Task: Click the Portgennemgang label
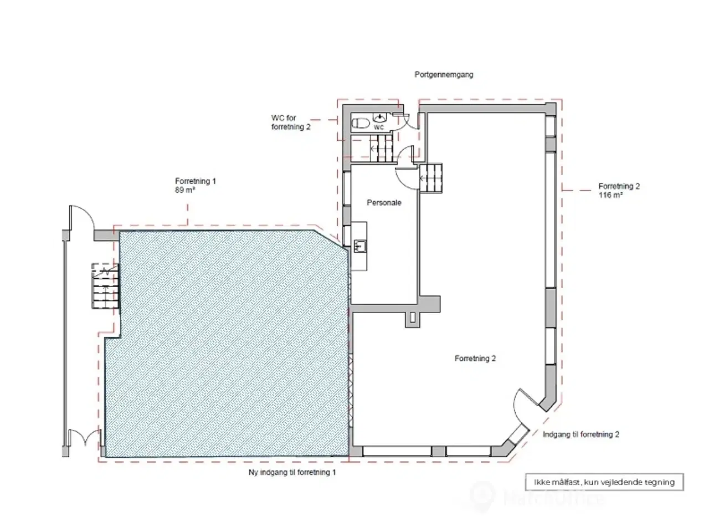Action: click(x=444, y=75)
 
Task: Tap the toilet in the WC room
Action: click(x=361, y=123)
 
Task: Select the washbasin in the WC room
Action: click(x=380, y=117)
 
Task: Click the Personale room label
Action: click(x=384, y=202)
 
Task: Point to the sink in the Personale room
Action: click(x=359, y=247)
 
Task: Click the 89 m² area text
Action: click(x=185, y=190)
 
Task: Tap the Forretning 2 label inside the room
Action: click(x=475, y=358)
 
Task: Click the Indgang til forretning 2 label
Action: click(x=580, y=434)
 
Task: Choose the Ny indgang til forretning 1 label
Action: click(x=292, y=472)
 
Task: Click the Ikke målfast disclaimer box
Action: click(x=604, y=482)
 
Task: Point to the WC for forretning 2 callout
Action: click(x=291, y=122)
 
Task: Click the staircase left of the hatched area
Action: click(x=105, y=286)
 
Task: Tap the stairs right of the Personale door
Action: click(x=430, y=178)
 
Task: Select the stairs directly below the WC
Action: click(x=381, y=149)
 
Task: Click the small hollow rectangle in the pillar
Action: click(x=413, y=317)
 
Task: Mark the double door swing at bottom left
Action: click(x=85, y=437)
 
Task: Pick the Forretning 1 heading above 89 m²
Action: click(x=195, y=181)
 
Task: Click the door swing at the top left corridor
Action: click(x=82, y=217)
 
